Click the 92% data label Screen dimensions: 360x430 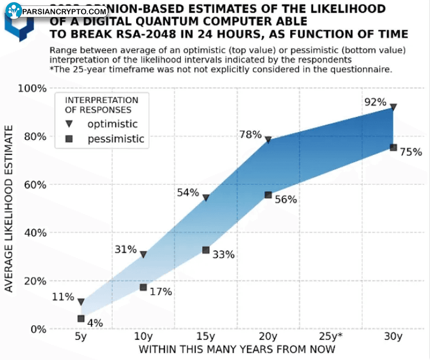(x=375, y=102)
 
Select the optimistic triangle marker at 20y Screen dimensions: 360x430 (x=268, y=140)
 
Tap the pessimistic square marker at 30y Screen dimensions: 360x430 (x=393, y=147)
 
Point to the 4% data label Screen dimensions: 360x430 (x=95, y=323)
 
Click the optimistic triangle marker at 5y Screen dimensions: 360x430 (x=81, y=302)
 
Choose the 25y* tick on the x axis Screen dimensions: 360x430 (x=330, y=337)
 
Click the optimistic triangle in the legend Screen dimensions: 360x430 (x=69, y=124)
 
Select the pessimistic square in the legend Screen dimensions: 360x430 (x=69, y=139)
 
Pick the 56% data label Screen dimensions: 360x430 (x=286, y=199)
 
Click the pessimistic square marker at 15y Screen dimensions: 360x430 (x=206, y=250)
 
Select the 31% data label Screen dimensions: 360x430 (x=126, y=249)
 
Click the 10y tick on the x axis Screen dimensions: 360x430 (x=143, y=337)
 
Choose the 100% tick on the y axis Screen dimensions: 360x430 (x=31, y=88)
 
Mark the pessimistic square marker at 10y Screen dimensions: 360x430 (x=143, y=287)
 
